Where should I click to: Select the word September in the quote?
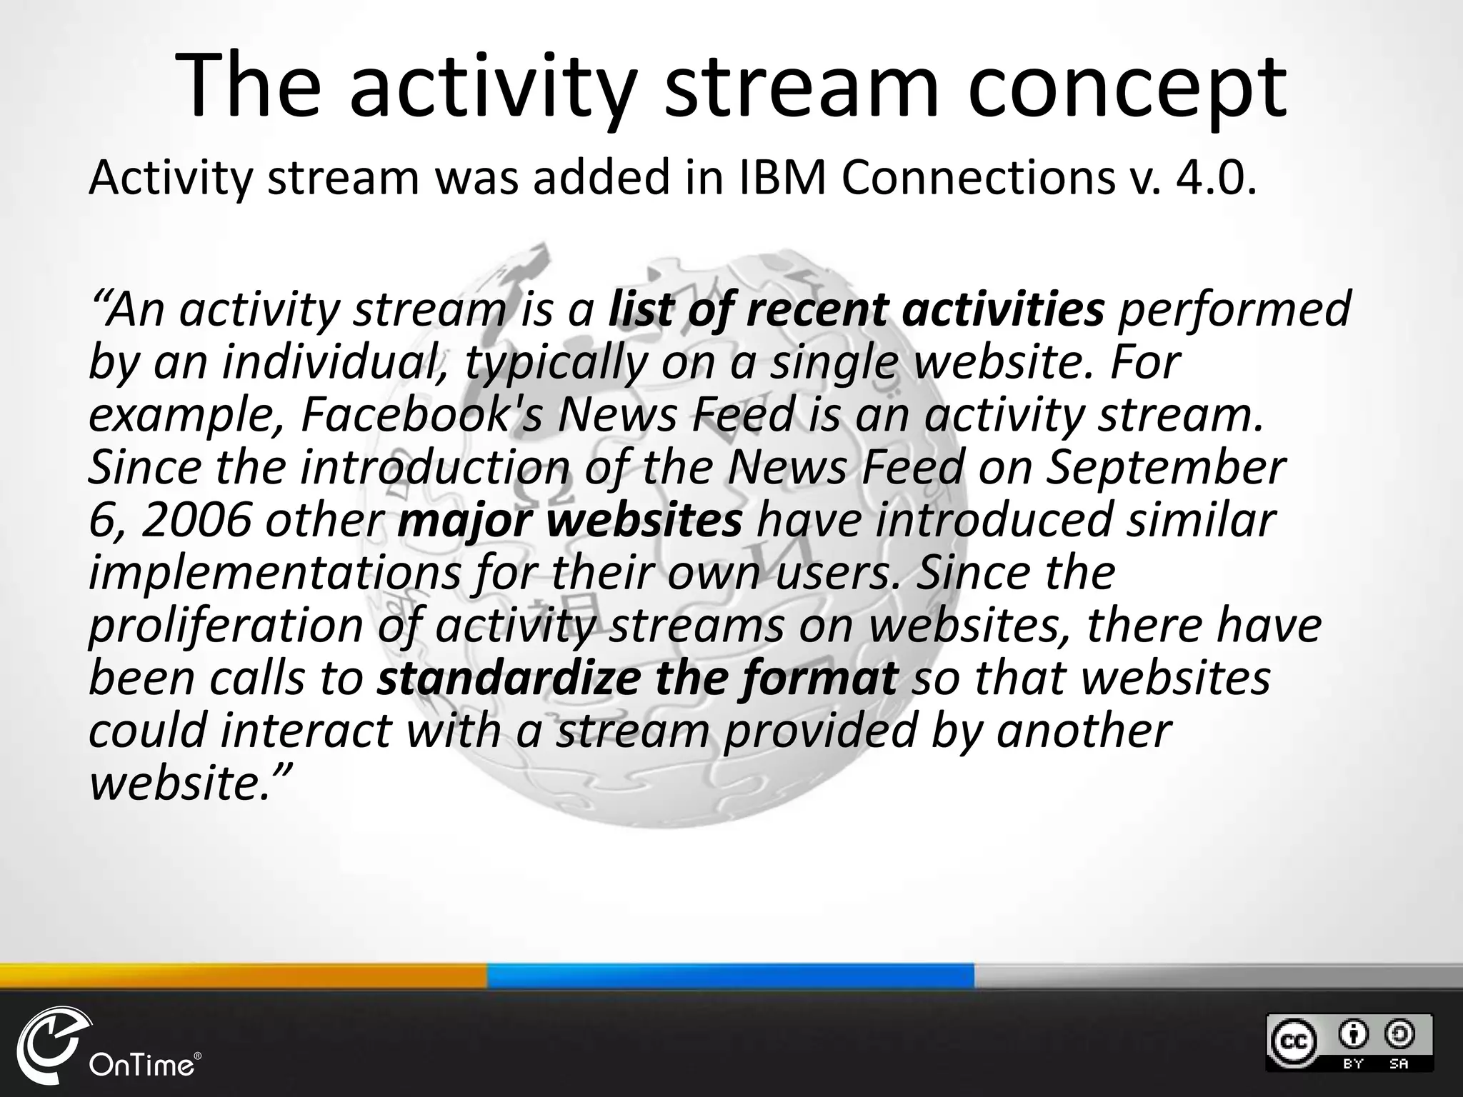1165,467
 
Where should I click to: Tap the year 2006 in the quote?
197,520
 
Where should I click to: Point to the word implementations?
274,573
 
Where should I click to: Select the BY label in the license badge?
1354,1063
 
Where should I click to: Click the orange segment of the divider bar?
243,976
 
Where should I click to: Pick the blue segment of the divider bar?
730,976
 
